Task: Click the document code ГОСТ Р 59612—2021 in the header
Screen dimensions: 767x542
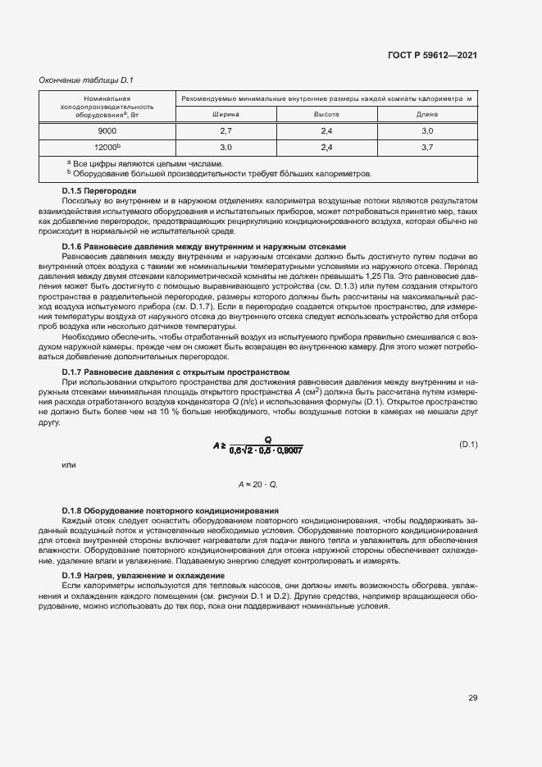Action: click(432, 56)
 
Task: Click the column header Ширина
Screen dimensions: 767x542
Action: click(226, 115)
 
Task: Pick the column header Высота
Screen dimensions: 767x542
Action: click(326, 115)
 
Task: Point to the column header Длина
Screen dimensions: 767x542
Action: click(426, 115)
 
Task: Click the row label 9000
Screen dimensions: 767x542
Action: click(107, 131)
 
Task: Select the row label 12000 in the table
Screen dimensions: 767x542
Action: click(107, 147)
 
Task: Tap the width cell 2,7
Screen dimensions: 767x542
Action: click(226, 131)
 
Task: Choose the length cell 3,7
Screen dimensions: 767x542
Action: click(426, 148)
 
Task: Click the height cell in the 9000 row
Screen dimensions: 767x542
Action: click(326, 131)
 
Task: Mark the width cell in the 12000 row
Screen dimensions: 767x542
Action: click(226, 148)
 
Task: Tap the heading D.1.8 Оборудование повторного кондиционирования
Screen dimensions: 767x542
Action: click(171, 511)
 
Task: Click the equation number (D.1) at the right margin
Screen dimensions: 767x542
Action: click(467, 444)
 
